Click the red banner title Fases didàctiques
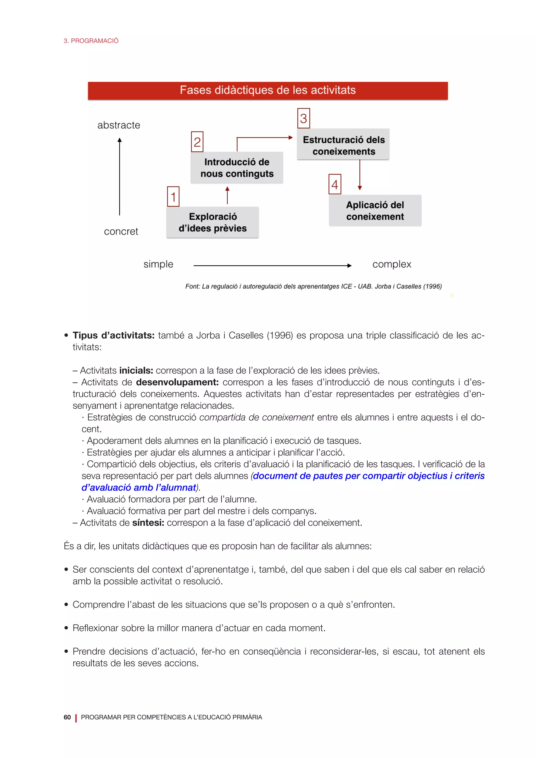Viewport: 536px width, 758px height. coord(268,90)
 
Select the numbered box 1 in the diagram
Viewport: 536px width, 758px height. coord(173,197)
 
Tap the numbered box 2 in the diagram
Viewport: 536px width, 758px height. coord(197,142)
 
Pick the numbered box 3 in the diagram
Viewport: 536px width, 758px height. coord(304,119)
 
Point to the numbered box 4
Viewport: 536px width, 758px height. coord(335,184)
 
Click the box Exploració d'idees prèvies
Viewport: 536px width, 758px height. coord(213,222)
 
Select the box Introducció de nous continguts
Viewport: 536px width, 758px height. coord(237,168)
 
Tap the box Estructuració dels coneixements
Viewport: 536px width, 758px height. coord(343,145)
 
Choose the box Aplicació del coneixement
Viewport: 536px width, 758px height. coord(375,211)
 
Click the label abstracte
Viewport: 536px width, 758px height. coord(119,125)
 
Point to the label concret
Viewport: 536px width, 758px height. coord(121,231)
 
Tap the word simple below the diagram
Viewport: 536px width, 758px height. coord(158,264)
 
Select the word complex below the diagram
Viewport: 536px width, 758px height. coord(392,264)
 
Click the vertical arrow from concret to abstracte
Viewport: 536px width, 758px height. coord(120,177)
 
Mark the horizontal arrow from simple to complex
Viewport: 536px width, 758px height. coord(272,265)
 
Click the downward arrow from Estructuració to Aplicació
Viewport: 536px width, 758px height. coord(360,175)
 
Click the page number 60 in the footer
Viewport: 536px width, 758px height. coord(67,717)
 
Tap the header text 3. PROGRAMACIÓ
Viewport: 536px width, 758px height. coord(91,41)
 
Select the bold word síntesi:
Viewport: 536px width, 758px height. coord(148,523)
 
